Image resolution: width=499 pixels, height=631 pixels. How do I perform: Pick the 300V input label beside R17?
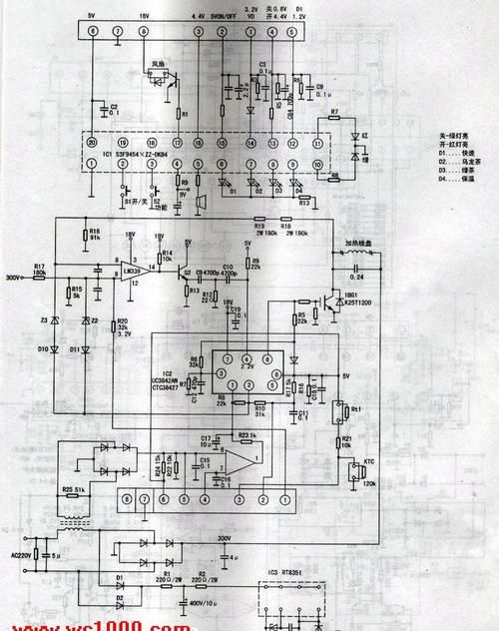pos(14,279)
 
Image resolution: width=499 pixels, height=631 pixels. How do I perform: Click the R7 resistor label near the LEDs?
pos(334,111)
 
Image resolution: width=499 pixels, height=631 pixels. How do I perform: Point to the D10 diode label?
pos(44,348)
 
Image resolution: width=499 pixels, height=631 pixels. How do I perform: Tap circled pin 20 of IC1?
pos(92,143)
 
